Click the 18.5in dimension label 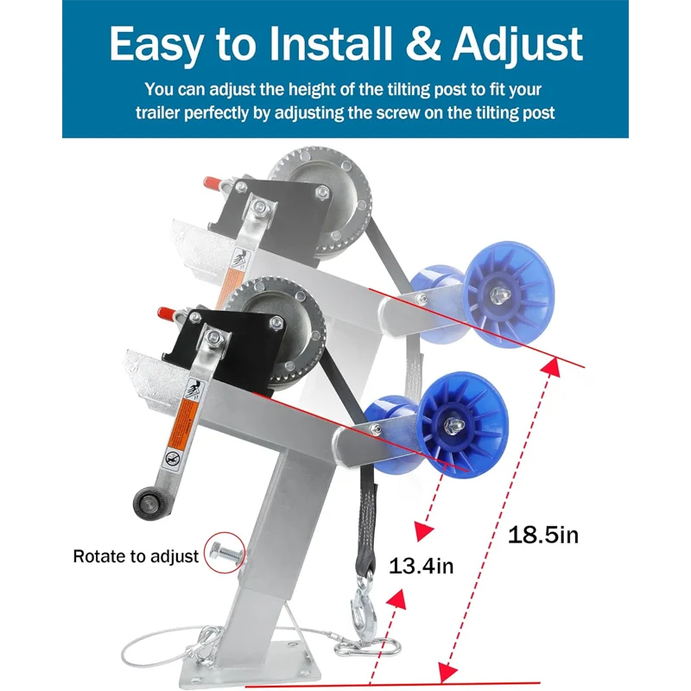[x=542, y=535]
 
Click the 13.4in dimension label [x=421, y=567]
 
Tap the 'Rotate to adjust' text [x=136, y=556]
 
